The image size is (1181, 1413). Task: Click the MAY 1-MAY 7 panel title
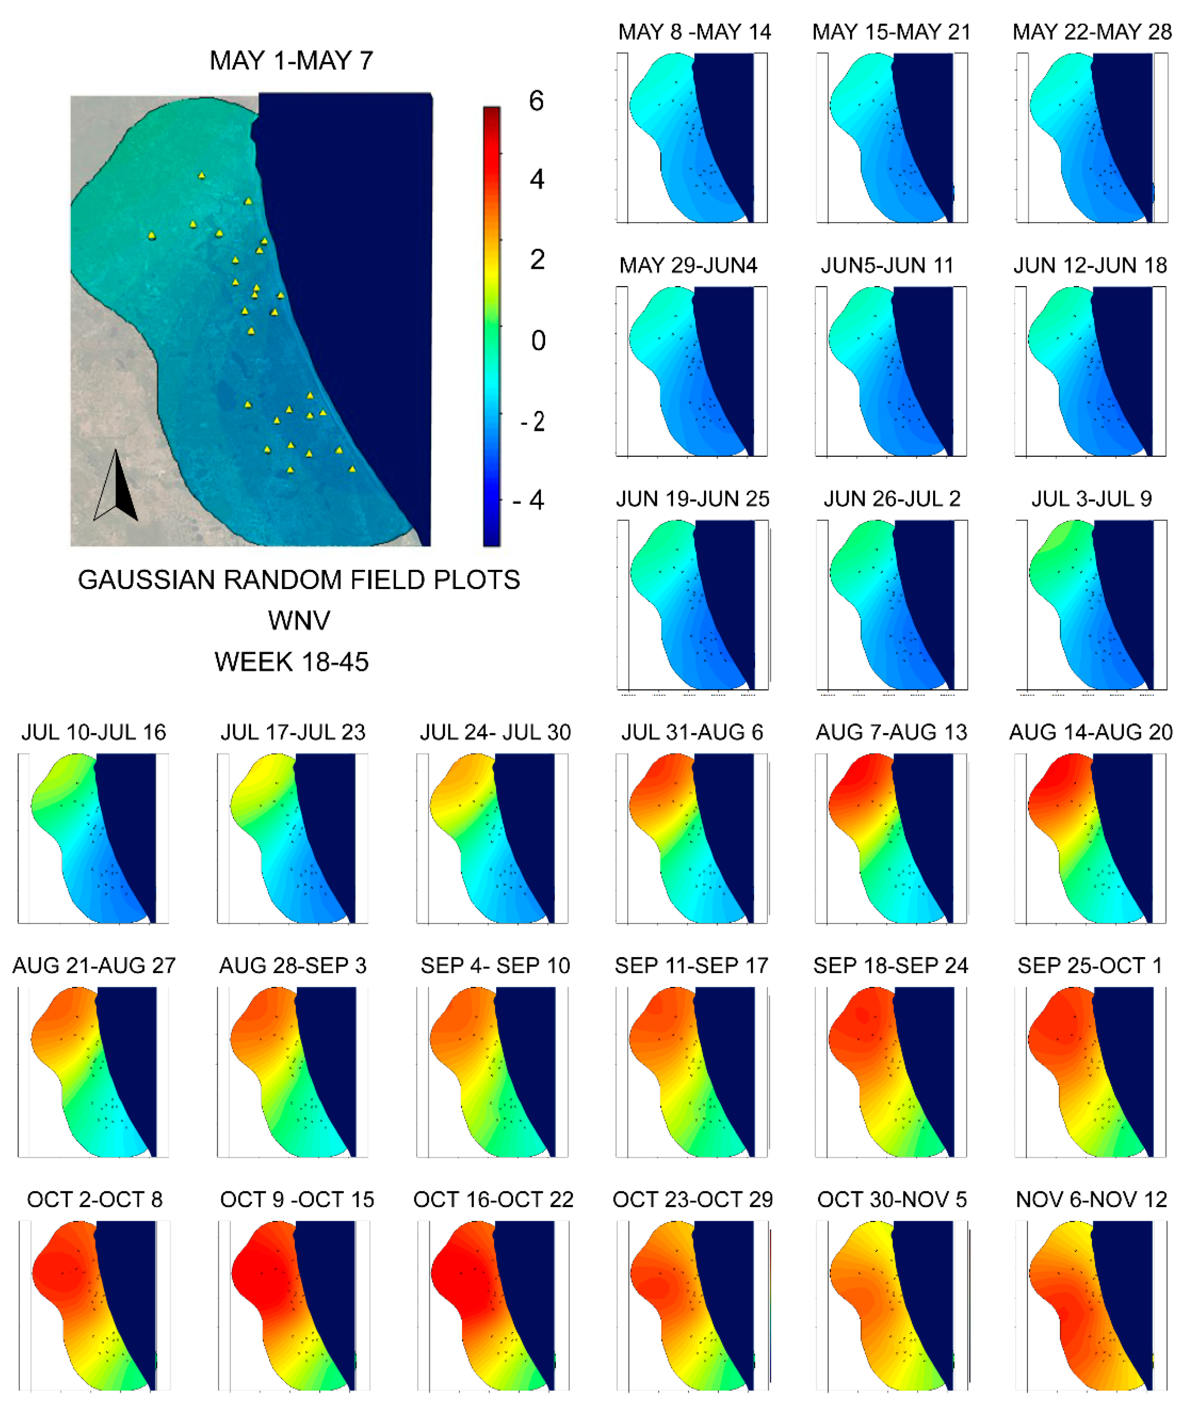pos(291,60)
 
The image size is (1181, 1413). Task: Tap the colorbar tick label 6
pos(536,101)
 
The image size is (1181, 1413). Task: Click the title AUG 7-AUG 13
pos(891,732)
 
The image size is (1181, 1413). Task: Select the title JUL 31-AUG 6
pos(692,732)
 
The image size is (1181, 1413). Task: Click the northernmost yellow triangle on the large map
pos(202,176)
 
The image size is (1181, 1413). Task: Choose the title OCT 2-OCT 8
pos(95,1199)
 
